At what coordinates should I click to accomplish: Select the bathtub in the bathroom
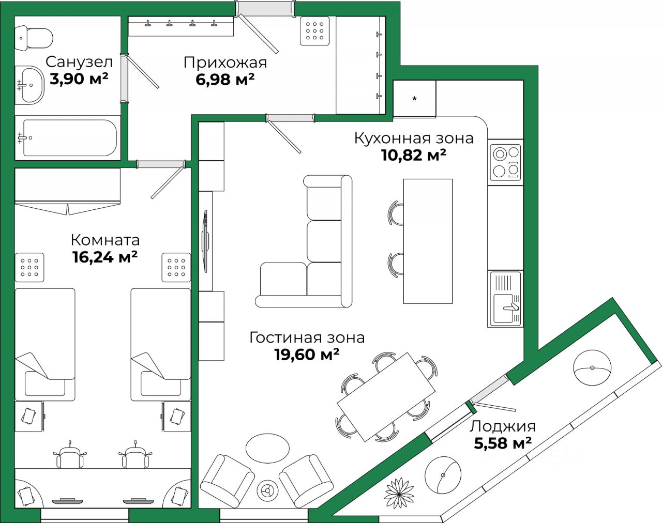pyautogui.click(x=67, y=138)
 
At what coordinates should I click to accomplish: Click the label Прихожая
pyautogui.click(x=225, y=63)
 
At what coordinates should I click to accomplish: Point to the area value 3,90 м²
pyautogui.click(x=79, y=79)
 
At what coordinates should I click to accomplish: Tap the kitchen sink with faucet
pyautogui.click(x=505, y=308)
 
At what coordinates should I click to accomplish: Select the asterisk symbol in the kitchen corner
pyautogui.click(x=414, y=99)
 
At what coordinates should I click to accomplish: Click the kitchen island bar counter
pyautogui.click(x=428, y=241)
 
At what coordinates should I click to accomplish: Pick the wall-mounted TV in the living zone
pyautogui.click(x=206, y=241)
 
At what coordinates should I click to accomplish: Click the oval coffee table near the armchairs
pyautogui.click(x=267, y=448)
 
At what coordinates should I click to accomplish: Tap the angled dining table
pyautogui.click(x=386, y=396)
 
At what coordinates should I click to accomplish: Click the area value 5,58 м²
pyautogui.click(x=503, y=443)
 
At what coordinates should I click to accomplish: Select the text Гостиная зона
pyautogui.click(x=307, y=337)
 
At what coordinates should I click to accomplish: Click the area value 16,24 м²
pyautogui.click(x=104, y=257)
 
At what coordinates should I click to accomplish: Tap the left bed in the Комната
pyautogui.click(x=45, y=344)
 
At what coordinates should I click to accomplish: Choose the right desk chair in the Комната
pyautogui.click(x=136, y=457)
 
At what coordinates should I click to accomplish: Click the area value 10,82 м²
pyautogui.click(x=414, y=155)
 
